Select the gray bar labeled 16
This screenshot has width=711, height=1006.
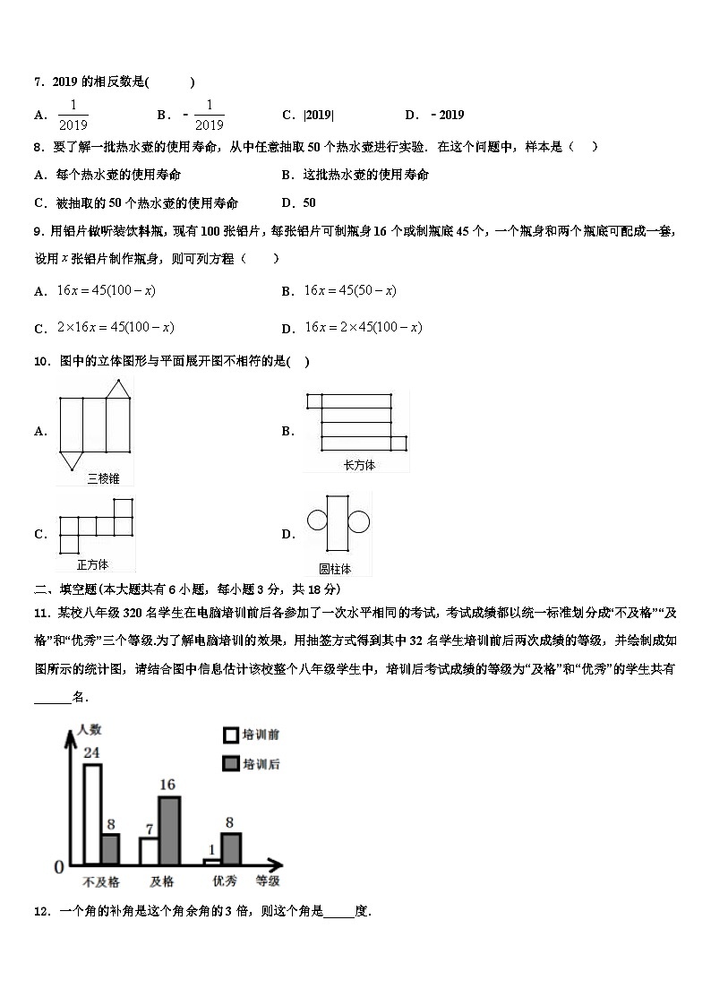pyautogui.click(x=168, y=830)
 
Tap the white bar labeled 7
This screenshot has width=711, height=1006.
pyautogui.click(x=149, y=851)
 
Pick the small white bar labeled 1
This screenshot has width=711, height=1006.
pyautogui.click(x=211, y=862)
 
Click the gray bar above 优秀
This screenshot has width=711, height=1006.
pyautogui.click(x=231, y=848)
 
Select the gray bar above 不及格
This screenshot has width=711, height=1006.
pyautogui.click(x=110, y=848)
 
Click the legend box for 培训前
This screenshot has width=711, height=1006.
pyautogui.click(x=231, y=735)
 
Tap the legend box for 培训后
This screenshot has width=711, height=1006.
pyautogui.click(x=231, y=763)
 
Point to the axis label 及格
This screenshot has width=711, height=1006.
pyautogui.click(x=162, y=881)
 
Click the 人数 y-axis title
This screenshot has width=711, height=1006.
pyautogui.click(x=91, y=729)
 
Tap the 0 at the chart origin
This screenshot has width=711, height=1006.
pyautogui.click(x=59, y=867)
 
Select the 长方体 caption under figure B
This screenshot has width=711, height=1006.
pyautogui.click(x=358, y=465)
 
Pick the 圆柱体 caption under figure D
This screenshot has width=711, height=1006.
pyautogui.click(x=335, y=568)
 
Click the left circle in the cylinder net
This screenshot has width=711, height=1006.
pyautogui.click(x=316, y=520)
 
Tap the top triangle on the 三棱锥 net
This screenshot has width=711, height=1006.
pyautogui.click(x=116, y=388)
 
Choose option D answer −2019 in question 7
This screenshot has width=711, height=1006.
pyautogui.click(x=447, y=115)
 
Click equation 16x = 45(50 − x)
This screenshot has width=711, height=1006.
pyautogui.click(x=350, y=290)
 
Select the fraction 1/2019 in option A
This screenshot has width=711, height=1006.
pyautogui.click(x=73, y=115)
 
